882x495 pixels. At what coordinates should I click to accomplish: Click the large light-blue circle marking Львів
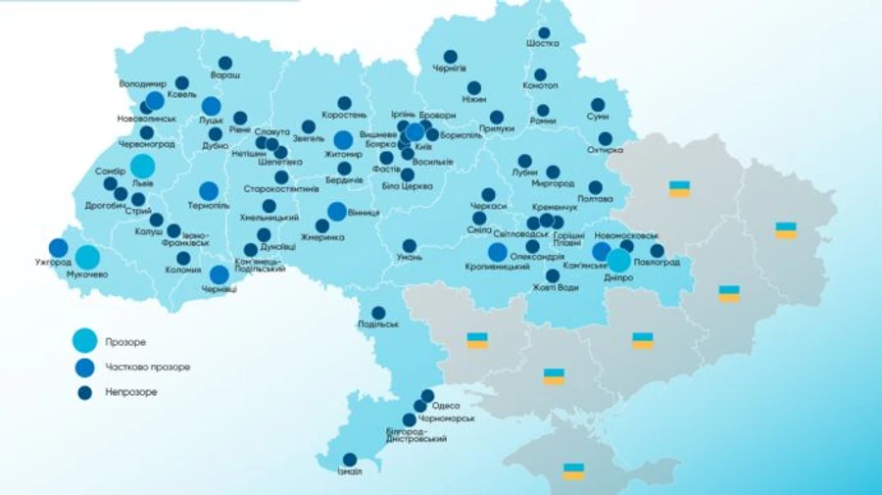142,166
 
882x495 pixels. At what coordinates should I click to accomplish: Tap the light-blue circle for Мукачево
87,258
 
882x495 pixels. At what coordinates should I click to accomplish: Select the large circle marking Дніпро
618,261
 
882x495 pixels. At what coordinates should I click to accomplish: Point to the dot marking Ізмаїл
350,459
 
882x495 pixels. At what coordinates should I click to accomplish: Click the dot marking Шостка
543,32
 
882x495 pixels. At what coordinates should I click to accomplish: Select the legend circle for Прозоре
85,341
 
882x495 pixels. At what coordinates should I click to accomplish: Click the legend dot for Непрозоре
85,391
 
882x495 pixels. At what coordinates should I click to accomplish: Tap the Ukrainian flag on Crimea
573,471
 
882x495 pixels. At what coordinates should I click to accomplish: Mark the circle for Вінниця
336,211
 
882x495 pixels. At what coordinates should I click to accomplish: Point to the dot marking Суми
597,104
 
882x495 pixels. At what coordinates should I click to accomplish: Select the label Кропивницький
496,267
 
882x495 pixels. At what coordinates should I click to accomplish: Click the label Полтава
596,200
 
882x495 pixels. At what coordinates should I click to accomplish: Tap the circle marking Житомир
343,140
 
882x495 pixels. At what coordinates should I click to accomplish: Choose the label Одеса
446,405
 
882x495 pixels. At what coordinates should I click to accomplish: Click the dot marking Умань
410,245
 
